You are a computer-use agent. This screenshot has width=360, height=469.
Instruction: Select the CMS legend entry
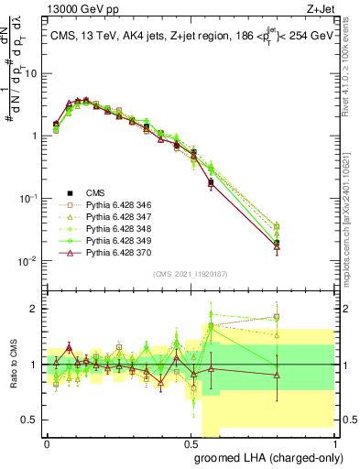tap(96, 193)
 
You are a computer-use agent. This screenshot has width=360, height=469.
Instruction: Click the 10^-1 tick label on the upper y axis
tap(29, 198)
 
